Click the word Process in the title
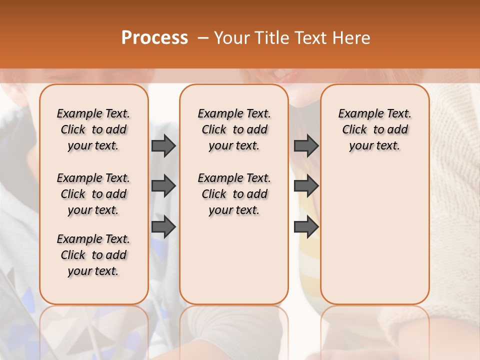pos(154,38)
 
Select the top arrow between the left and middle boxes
pos(163,145)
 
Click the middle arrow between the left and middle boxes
pos(163,186)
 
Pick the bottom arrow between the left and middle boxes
pos(163,227)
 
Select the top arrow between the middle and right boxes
pos(306,145)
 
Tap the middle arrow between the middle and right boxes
pos(306,186)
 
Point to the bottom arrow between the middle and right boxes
pos(306,227)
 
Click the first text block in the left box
pos(93,129)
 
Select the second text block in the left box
pos(93,194)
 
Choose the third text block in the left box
pos(93,255)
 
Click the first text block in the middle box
pos(234,129)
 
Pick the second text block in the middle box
pos(234,194)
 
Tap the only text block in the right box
pos(374,129)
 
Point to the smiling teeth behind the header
pos(280,74)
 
